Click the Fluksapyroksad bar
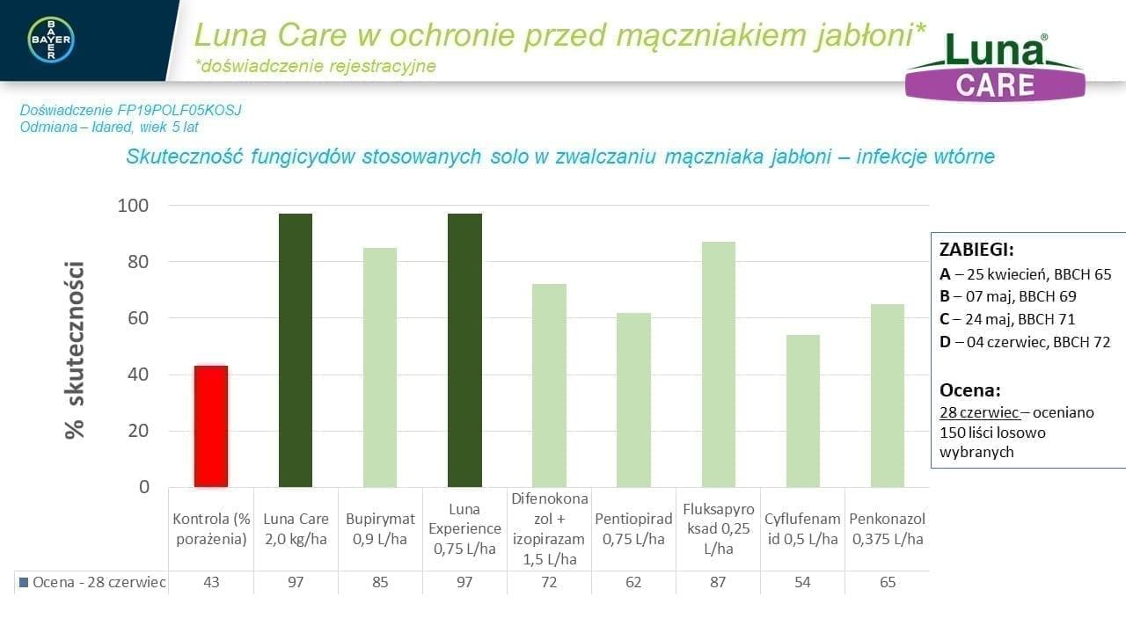[718, 364]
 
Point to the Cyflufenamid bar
[802, 411]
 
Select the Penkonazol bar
[887, 396]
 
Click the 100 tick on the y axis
[132, 206]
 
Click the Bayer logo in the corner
[51, 39]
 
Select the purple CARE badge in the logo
[995, 85]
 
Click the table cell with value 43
[211, 583]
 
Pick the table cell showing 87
[718, 583]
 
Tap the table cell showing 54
[802, 583]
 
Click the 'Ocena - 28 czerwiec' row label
[91, 583]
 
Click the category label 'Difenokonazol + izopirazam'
[549, 529]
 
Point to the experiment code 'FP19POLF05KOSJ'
[179, 111]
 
